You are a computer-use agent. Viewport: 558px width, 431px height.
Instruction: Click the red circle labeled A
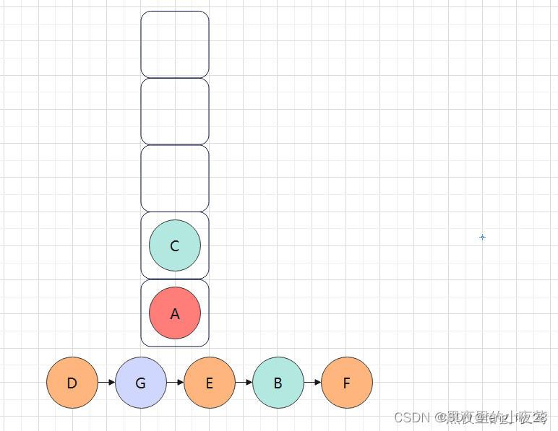175,313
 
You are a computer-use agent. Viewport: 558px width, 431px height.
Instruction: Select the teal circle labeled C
175,245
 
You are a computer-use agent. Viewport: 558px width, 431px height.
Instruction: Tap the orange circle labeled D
72,383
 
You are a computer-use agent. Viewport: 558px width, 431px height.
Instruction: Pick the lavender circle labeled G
141,383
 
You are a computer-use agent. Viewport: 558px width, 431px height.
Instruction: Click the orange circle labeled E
210,383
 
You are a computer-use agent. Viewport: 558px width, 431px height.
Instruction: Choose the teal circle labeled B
278,383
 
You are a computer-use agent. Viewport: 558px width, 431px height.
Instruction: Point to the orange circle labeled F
347,383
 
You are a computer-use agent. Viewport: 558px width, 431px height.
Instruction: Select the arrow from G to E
176,383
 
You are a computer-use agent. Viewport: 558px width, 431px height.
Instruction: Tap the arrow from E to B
244,383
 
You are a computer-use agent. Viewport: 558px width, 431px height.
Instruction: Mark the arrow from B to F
313,383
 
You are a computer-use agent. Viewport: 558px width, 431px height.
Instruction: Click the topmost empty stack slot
175,44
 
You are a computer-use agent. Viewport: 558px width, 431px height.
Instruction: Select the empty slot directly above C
175,178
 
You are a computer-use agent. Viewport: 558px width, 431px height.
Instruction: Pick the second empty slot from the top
175,111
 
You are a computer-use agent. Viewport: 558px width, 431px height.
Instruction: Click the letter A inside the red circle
175,314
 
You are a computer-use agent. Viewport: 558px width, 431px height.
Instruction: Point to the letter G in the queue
141,383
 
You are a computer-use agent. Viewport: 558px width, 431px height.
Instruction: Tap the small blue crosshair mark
482,237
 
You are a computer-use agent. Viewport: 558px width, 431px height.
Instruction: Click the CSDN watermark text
412,417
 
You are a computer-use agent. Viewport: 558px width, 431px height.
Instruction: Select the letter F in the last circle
347,383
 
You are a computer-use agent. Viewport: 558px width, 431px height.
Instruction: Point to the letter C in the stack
175,246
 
